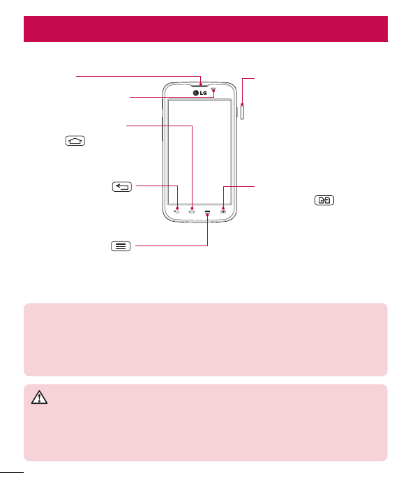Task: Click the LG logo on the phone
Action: (199, 93)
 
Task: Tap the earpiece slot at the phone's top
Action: (200, 85)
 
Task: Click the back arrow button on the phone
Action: (176, 211)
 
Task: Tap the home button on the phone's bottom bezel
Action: (192, 211)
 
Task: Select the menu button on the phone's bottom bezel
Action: (207, 211)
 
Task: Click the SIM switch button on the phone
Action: (223, 211)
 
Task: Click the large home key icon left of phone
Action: (75, 141)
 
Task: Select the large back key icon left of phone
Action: (122, 186)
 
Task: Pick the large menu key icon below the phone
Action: (121, 246)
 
